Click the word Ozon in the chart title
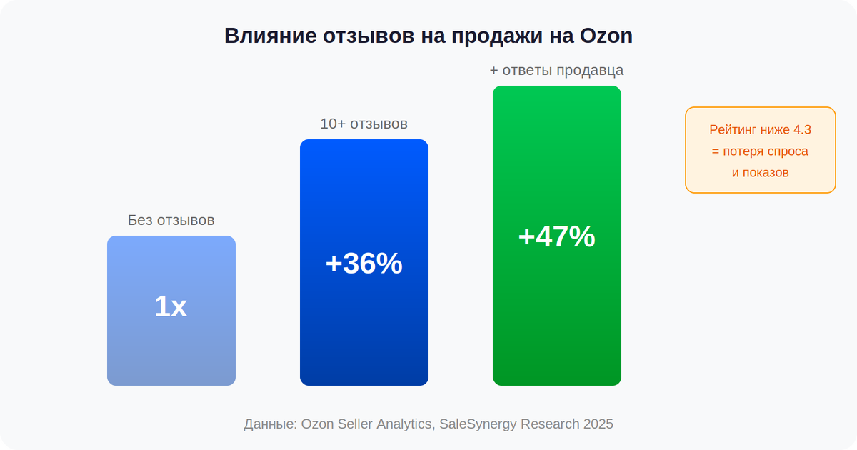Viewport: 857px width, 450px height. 606,36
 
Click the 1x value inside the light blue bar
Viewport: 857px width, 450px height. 171,307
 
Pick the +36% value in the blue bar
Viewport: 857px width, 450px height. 364,264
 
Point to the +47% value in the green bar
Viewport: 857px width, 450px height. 556,237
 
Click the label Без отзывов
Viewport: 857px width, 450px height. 171,220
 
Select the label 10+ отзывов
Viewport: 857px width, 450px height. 364,124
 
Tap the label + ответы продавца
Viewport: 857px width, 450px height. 556,70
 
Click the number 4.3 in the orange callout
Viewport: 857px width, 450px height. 802,130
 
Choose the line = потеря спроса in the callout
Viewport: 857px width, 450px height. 760,151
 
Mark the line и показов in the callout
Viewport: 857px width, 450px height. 760,173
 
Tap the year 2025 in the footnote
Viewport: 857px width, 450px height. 598,424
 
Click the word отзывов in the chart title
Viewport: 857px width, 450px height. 361,36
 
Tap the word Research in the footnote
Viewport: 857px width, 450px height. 550,424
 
